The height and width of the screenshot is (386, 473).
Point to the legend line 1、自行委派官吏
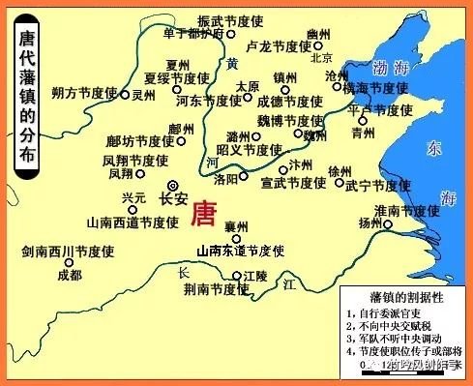[388, 314]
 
